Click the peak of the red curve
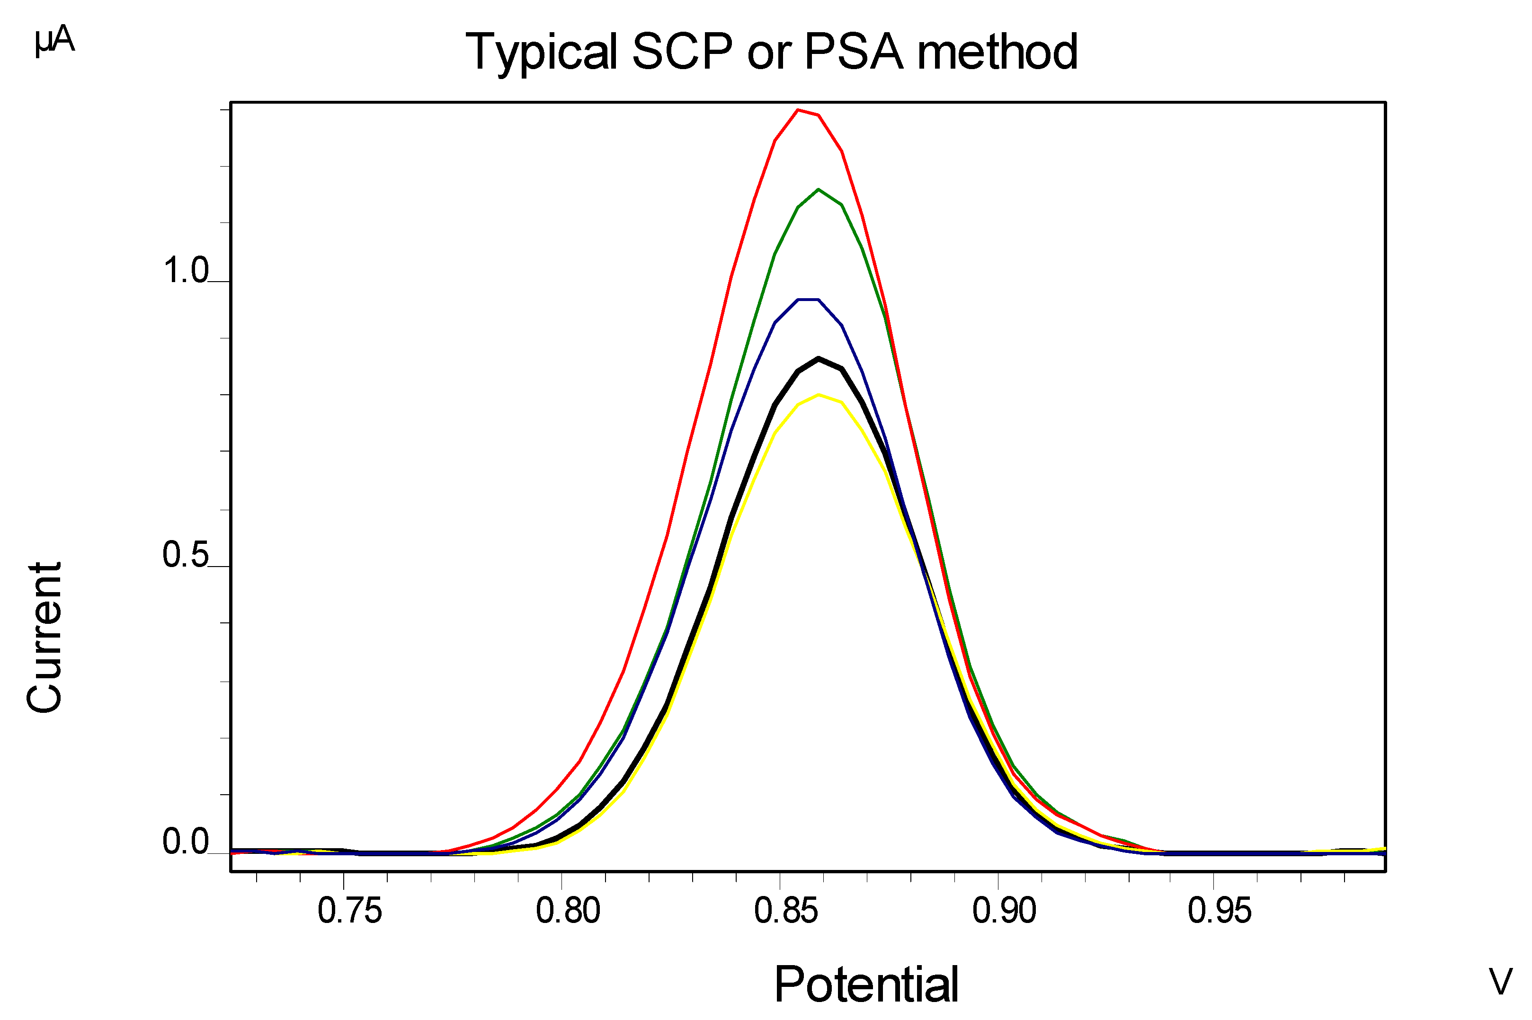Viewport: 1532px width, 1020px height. (798, 110)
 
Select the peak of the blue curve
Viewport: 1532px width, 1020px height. (808, 299)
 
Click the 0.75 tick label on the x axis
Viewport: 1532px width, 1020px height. (349, 911)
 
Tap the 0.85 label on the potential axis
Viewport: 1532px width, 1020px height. (786, 911)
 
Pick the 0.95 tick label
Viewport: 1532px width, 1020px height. (1219, 911)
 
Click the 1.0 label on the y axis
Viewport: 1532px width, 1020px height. (186, 271)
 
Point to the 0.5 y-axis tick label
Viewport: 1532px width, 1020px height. (186, 555)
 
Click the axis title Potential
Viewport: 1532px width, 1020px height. (866, 984)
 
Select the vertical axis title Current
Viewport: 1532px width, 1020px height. (44, 638)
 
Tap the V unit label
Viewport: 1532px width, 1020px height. (1500, 982)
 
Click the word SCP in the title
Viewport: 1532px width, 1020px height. (682, 52)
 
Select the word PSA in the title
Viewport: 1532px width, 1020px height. (854, 52)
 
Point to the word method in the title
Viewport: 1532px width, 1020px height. (997, 52)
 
